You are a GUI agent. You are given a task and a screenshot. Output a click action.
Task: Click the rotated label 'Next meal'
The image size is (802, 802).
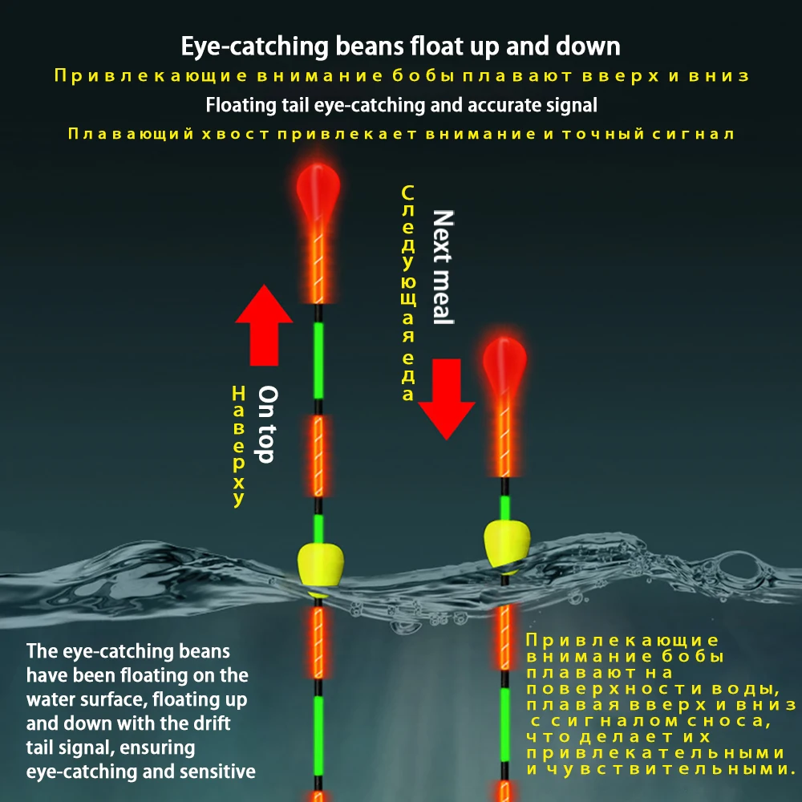(443, 267)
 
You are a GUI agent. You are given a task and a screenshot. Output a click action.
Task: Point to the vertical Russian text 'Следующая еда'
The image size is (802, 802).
(407, 294)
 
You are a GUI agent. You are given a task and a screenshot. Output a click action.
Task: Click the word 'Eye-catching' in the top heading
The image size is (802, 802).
(250, 47)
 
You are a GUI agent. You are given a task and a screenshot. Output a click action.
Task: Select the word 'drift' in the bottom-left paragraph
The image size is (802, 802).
(212, 723)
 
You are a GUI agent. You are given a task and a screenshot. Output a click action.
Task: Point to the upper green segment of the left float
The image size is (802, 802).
(318, 359)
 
